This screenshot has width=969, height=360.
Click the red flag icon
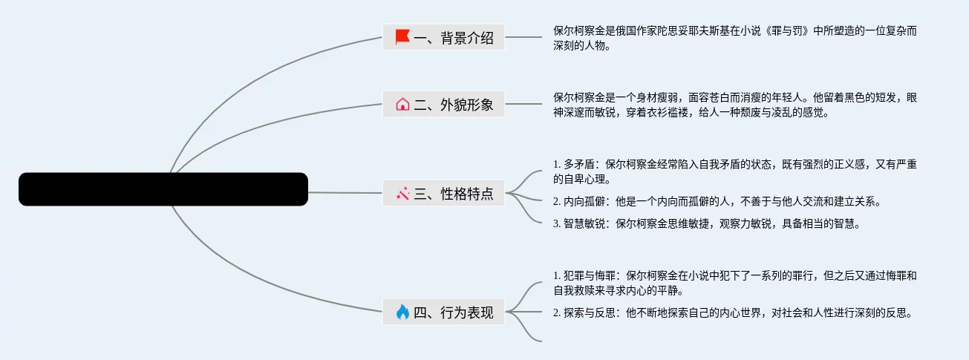click(402, 36)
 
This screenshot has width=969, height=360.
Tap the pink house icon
click(402, 105)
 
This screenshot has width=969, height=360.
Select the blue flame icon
click(402, 312)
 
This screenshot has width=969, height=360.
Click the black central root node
click(163, 189)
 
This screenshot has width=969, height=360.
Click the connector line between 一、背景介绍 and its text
click(523, 37)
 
